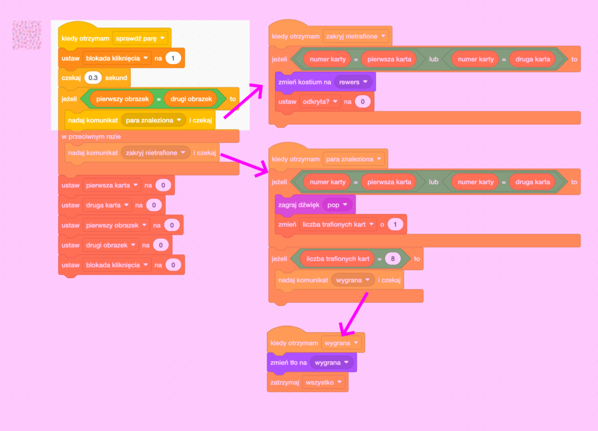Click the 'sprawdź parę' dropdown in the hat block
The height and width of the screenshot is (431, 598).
(140, 38)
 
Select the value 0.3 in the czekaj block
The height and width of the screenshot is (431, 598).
(93, 78)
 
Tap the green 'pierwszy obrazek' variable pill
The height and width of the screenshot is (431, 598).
(123, 99)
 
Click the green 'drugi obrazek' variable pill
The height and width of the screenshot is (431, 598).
(191, 99)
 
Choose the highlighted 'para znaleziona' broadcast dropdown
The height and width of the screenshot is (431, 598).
(154, 120)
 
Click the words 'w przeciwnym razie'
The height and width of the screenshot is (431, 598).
(91, 136)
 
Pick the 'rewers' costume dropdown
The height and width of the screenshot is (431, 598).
(353, 82)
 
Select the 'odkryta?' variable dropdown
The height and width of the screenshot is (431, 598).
(319, 101)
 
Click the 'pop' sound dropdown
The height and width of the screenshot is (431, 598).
(337, 205)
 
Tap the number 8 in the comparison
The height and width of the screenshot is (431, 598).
(393, 259)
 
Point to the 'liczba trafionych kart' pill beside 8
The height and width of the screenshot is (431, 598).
(338, 259)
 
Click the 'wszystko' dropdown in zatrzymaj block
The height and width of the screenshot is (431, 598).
(324, 382)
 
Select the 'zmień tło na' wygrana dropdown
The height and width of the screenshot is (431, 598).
(332, 362)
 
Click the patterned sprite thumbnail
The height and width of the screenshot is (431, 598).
(27, 35)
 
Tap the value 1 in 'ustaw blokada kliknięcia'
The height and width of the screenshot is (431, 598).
(173, 58)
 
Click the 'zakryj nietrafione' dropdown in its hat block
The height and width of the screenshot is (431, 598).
(356, 37)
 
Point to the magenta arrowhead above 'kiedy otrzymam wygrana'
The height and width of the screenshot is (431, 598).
(346, 330)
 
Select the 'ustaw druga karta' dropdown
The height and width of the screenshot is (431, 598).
(107, 205)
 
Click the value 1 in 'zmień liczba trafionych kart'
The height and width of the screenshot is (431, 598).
(395, 225)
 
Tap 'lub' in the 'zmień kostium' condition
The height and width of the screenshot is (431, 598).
(434, 59)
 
